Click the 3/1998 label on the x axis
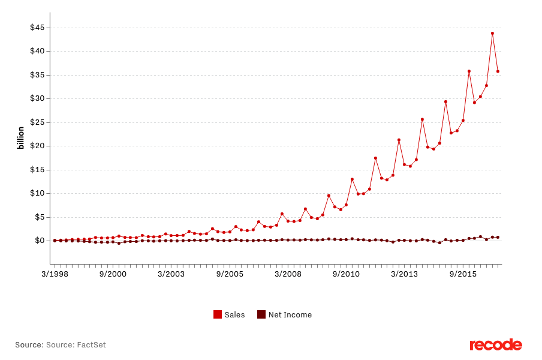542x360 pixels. [55, 274]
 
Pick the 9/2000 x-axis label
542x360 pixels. [113, 274]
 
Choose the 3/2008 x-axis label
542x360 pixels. [288, 274]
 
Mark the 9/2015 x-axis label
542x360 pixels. [463, 274]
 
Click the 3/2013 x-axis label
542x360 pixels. [405, 274]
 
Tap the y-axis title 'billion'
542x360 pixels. [21, 137]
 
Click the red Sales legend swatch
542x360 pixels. [218, 314]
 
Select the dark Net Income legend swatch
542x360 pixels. [261, 314]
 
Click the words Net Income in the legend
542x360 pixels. [290, 314]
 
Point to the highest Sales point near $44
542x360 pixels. [492, 33]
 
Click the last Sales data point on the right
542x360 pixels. [498, 71]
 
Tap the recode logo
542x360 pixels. [496, 345]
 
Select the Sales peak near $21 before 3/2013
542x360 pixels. [399, 140]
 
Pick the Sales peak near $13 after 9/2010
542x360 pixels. [352, 179]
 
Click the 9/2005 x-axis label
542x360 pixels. [230, 274]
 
